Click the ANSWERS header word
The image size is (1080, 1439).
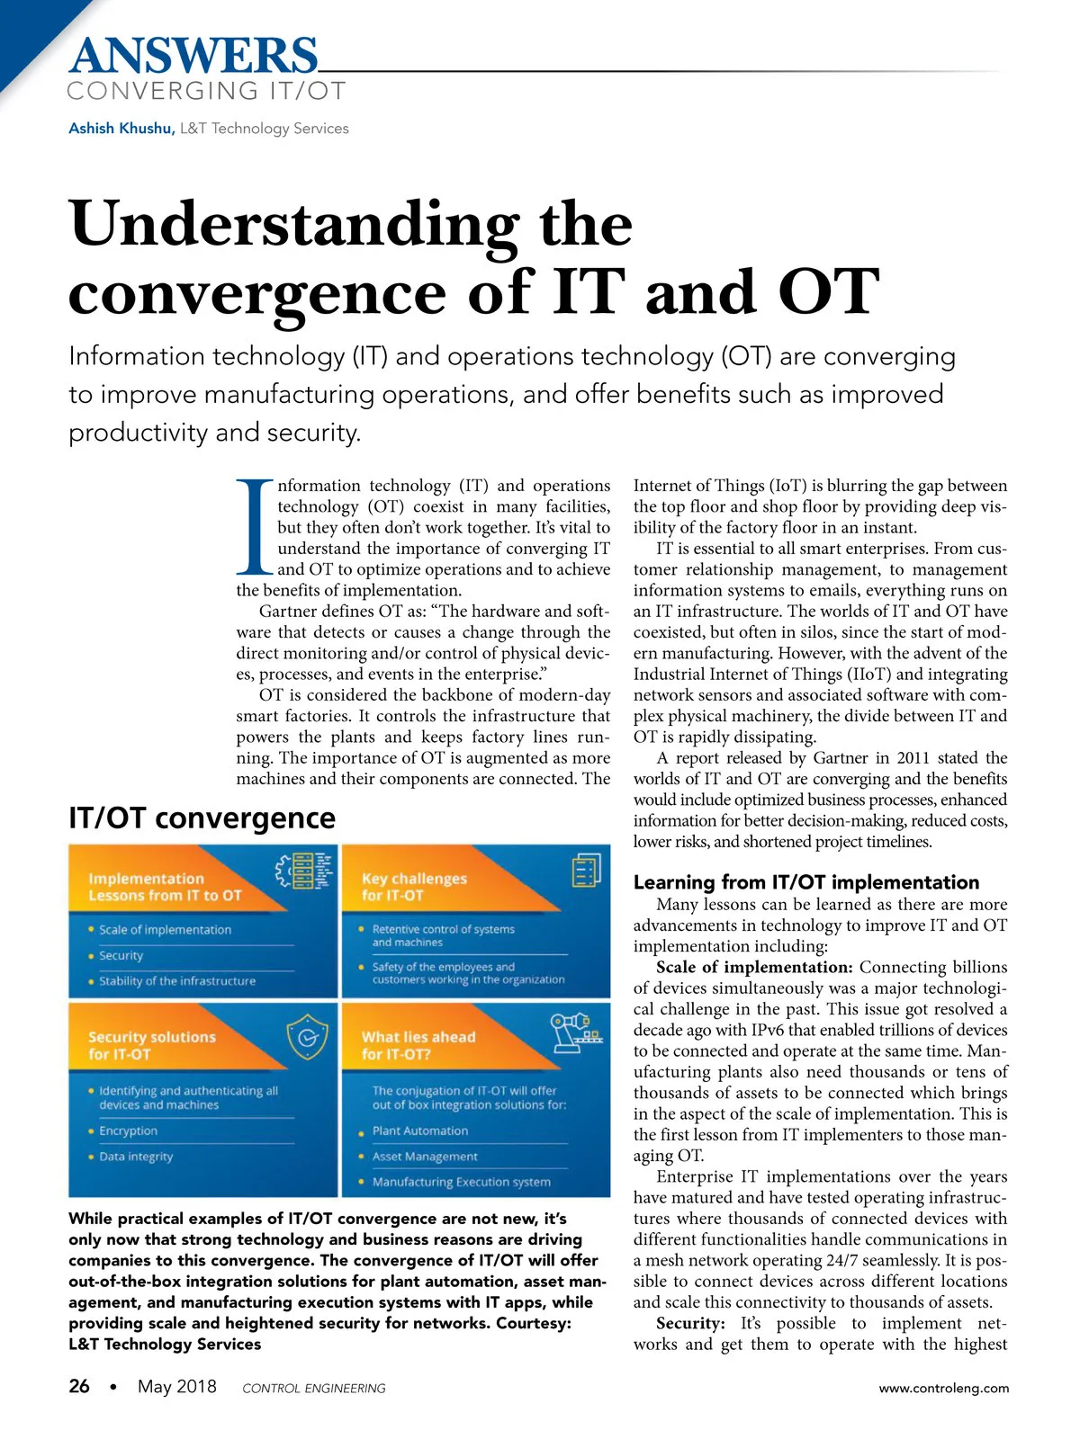tap(193, 56)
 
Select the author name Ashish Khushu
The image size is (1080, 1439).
tap(121, 129)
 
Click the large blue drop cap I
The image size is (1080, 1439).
tap(255, 528)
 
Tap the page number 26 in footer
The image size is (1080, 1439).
tap(79, 1387)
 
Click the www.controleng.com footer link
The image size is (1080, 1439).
tap(943, 1388)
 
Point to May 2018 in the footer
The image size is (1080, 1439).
tap(176, 1387)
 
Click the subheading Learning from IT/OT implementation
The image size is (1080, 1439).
tap(806, 882)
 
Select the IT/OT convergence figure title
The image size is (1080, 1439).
tap(202, 818)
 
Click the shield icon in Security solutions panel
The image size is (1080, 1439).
tap(307, 1037)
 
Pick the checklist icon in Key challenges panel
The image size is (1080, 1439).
tap(586, 870)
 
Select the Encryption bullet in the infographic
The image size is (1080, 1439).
tap(128, 1131)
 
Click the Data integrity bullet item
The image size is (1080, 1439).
tap(136, 1157)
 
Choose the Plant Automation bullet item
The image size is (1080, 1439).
tap(420, 1131)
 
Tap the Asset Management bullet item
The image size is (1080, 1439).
tap(425, 1157)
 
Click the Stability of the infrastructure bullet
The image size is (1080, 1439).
tap(176, 981)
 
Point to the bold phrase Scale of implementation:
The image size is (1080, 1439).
tap(754, 968)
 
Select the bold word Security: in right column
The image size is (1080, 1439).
tap(690, 1324)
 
